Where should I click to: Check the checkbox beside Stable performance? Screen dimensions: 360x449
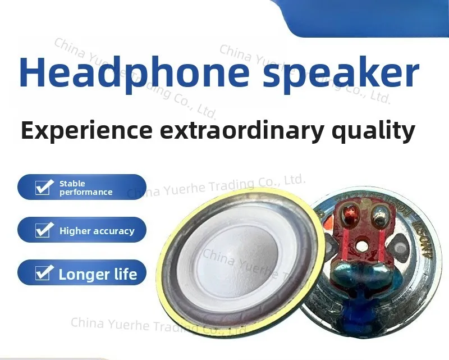pos(44,187)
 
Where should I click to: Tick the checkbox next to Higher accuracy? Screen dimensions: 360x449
pos(44,230)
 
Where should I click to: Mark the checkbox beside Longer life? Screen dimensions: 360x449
pos(44,274)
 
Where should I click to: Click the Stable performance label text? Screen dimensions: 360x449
pos(85,188)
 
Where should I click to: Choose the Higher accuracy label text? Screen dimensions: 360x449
pos(97,231)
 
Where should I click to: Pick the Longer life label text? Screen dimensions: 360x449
pos(98,275)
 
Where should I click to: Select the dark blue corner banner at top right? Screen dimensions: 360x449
pos(370,17)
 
